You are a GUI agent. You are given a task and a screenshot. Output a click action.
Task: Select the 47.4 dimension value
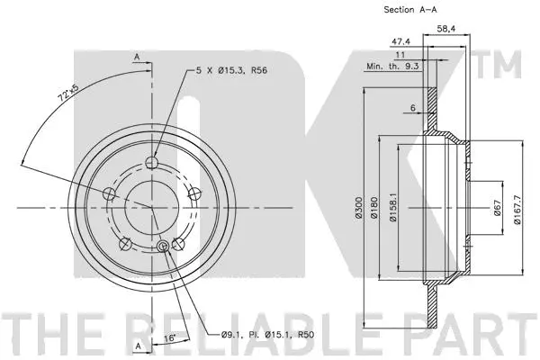(x=401, y=41)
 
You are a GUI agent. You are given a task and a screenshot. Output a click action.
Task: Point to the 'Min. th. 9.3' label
(x=392, y=67)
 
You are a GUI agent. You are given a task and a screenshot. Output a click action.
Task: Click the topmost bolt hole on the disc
(x=151, y=163)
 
